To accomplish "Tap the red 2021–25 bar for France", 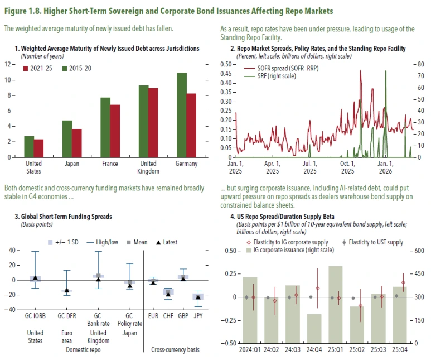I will click(114, 131).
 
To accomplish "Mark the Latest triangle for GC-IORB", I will click(35, 277).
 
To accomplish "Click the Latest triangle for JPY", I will click(198, 297).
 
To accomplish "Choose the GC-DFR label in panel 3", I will click(66, 316).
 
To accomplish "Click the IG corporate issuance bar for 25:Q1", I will click(336, 304).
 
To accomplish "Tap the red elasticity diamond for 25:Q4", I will click(403, 282).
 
